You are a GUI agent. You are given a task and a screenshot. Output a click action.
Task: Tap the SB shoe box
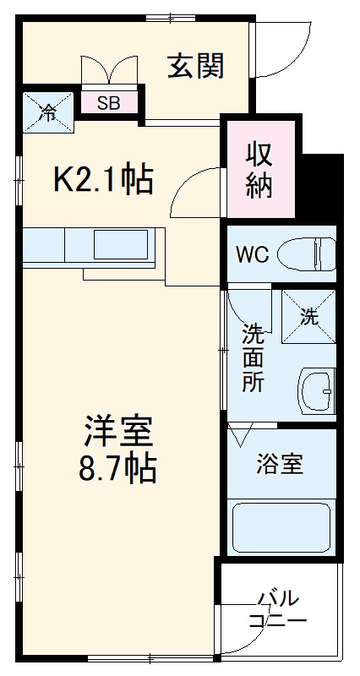click(x=108, y=104)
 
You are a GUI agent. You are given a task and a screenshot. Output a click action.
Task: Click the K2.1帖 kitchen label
click(x=103, y=180)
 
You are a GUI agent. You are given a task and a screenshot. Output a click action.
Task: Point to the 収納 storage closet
click(x=259, y=170)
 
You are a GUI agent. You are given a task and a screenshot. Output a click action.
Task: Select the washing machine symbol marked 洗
click(x=308, y=317)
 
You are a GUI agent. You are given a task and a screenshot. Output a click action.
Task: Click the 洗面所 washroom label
click(x=253, y=356)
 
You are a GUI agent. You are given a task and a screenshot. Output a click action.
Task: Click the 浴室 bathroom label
click(x=280, y=464)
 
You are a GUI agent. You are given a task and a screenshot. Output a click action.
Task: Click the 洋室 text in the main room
click(x=117, y=432)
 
